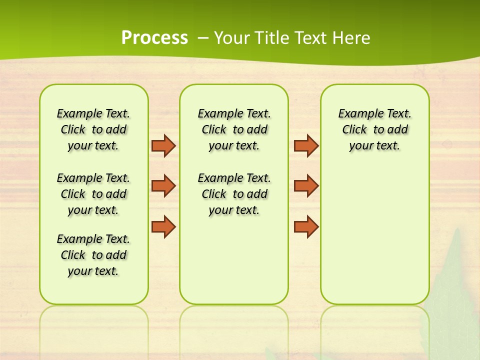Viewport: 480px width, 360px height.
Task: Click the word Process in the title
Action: [x=154, y=38]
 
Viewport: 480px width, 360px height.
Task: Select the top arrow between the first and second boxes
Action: [x=163, y=145]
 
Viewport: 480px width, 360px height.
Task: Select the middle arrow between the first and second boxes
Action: [x=163, y=185]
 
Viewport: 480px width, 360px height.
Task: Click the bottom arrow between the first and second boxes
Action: [x=163, y=226]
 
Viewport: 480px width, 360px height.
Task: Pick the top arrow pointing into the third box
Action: [x=306, y=145]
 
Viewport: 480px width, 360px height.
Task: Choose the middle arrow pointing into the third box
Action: [x=306, y=185]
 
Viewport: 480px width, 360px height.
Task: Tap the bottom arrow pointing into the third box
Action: [x=306, y=226]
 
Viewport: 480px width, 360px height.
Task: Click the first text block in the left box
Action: [x=93, y=129]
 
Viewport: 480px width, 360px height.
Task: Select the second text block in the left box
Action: [x=93, y=194]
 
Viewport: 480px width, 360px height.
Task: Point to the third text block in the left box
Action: [x=93, y=255]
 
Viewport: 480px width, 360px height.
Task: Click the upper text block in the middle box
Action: [x=234, y=129]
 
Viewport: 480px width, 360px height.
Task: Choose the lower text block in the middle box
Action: [x=234, y=194]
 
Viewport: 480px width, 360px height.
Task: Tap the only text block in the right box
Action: [x=374, y=129]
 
